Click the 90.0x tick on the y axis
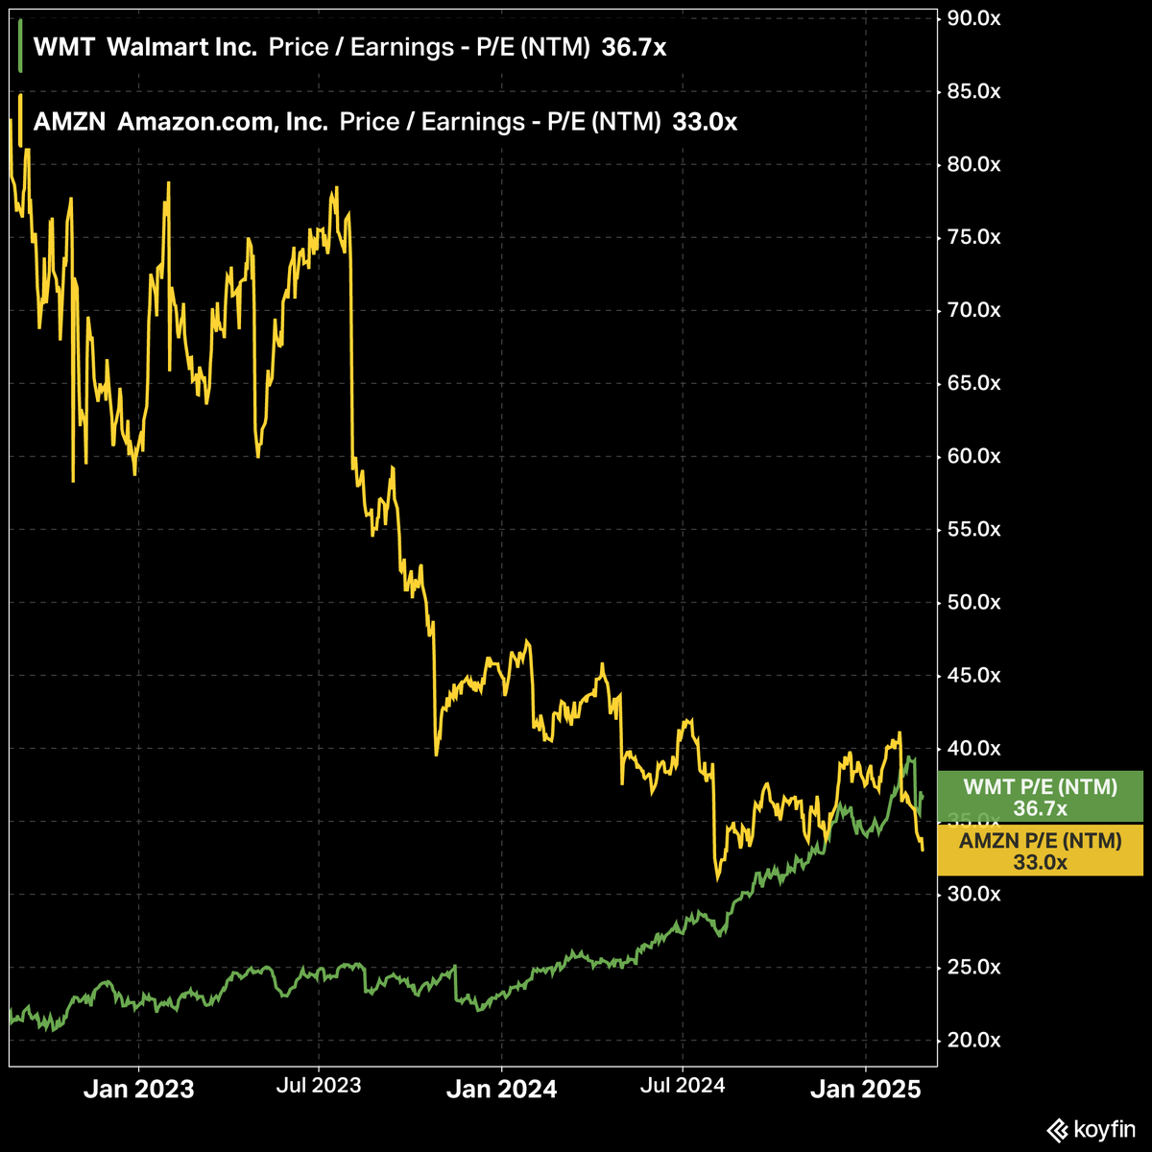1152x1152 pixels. pos(973,18)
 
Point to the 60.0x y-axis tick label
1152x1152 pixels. pos(973,456)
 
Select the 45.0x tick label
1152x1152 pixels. pos(973,675)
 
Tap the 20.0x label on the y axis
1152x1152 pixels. pos(973,1040)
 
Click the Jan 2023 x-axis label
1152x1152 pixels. pos(138,1090)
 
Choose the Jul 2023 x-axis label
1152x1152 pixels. pos(319,1086)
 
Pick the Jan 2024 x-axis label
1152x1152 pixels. pos(501,1090)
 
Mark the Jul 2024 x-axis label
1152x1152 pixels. pos(683,1086)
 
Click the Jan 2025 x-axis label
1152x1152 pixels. pos(865,1090)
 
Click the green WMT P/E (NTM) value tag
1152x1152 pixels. pos(1041,797)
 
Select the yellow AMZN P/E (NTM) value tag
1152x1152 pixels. pos(1041,851)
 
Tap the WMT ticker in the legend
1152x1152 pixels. pos(63,48)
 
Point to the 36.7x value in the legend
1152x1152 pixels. pos(634,48)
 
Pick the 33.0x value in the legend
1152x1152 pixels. pos(705,122)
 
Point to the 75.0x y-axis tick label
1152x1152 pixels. pos(973,237)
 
